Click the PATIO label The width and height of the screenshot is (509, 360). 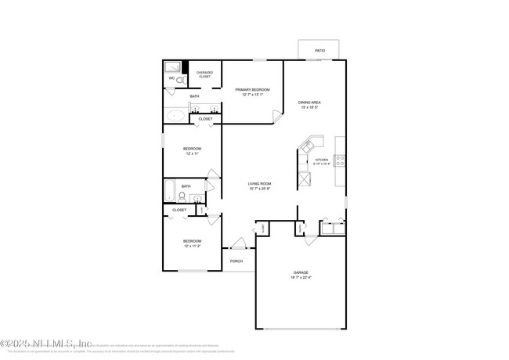[x=319, y=50]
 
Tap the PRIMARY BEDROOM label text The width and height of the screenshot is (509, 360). [x=253, y=90]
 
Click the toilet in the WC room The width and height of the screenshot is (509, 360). [x=180, y=80]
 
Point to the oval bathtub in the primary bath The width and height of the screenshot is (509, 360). [x=175, y=116]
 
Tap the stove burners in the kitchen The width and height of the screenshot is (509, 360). [x=340, y=160]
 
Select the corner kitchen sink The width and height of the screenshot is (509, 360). [x=311, y=146]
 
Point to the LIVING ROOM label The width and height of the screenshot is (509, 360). [x=259, y=184]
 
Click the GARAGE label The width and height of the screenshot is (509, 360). [x=301, y=273]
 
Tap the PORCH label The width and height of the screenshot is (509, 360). [x=236, y=261]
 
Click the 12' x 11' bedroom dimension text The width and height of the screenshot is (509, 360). [x=192, y=154]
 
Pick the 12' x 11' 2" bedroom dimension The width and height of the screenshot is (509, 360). [x=192, y=246]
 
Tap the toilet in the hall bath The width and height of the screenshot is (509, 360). [x=182, y=197]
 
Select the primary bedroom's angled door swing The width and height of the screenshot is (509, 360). [x=277, y=117]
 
